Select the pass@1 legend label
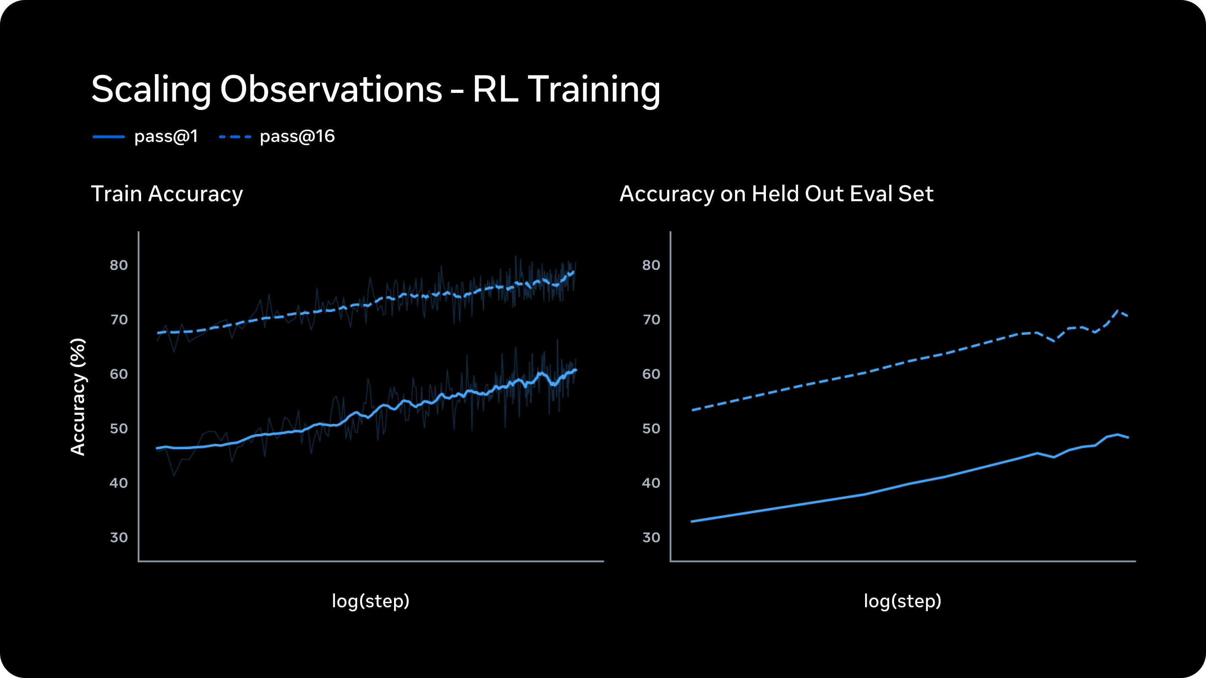tap(166, 136)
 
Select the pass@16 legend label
tap(297, 136)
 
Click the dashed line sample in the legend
tap(235, 136)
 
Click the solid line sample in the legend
tap(108, 136)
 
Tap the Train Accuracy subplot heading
tap(167, 193)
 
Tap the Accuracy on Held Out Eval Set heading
tap(776, 193)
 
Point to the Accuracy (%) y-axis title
tap(78, 396)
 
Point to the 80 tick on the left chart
tap(119, 265)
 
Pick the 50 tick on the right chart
tap(651, 429)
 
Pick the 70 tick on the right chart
tap(651, 320)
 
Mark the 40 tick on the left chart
tap(119, 483)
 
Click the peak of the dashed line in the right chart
tap(1118, 311)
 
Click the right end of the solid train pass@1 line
tap(575, 370)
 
